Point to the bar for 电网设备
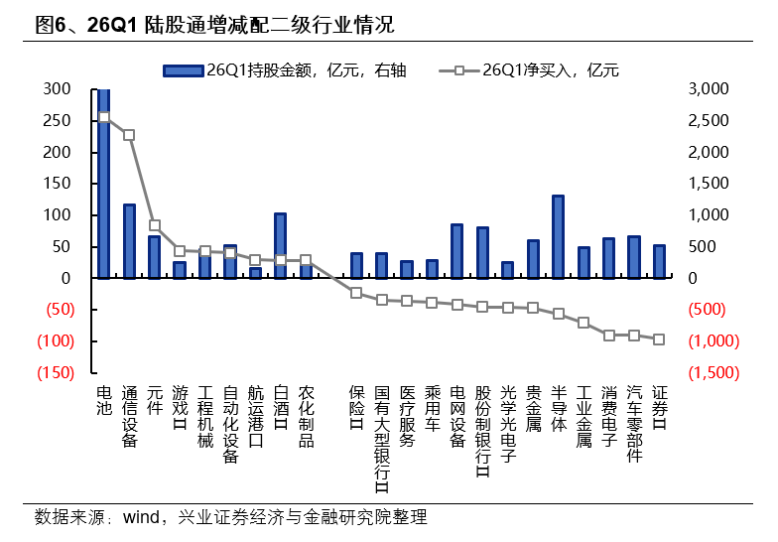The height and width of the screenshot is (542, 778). [x=456, y=251]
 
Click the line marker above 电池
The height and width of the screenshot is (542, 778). [x=104, y=117]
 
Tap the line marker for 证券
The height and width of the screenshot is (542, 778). [x=659, y=339]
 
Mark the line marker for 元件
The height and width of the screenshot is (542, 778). [x=155, y=225]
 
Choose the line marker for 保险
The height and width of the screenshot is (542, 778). [x=356, y=292]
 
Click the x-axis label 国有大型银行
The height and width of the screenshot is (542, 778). [x=381, y=439]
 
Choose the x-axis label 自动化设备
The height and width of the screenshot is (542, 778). [x=230, y=425]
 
